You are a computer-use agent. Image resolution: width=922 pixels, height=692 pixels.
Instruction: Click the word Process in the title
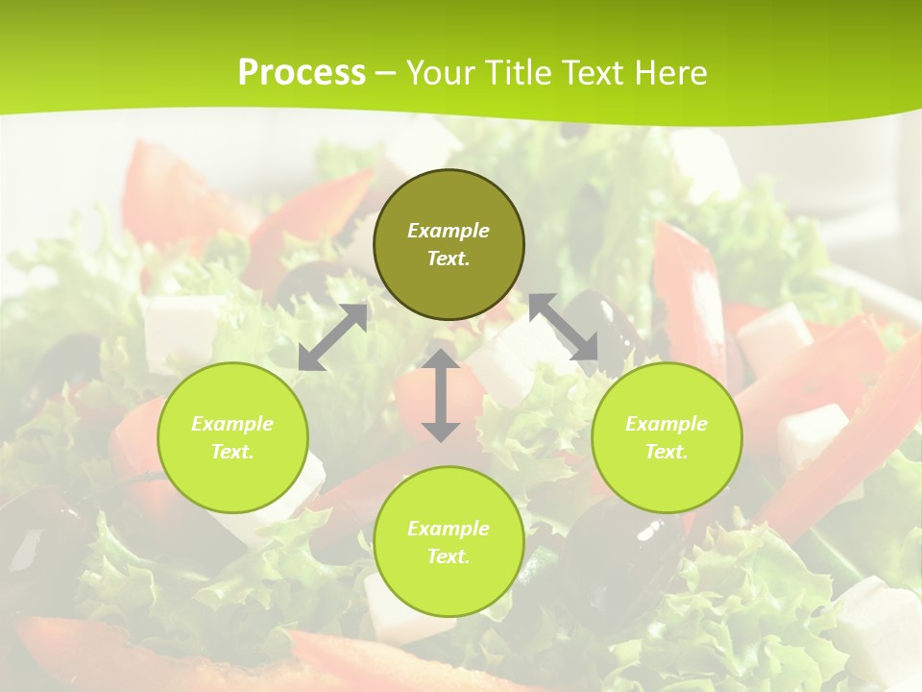[x=302, y=73]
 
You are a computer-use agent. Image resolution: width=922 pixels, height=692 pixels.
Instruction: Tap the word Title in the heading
[x=520, y=73]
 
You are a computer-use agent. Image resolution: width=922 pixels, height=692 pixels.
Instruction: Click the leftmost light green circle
[x=232, y=437]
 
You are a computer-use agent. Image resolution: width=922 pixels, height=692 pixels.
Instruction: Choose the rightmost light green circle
[x=667, y=437]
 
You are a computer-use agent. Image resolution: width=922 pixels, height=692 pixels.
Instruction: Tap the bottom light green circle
[x=449, y=542]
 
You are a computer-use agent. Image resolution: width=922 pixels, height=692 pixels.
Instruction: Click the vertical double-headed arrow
[x=441, y=395]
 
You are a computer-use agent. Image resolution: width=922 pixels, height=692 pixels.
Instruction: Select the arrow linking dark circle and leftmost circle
[x=333, y=337]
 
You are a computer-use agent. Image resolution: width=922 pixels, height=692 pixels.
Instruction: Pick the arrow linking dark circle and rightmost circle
[x=563, y=328]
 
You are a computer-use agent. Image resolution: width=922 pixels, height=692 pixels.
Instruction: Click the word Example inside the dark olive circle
[x=449, y=231]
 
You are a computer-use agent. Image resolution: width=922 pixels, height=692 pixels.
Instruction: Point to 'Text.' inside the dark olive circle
[x=449, y=259]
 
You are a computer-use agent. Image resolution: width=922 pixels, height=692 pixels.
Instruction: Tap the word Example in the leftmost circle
[x=232, y=424]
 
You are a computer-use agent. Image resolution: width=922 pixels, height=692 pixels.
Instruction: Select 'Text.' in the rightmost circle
[x=667, y=452]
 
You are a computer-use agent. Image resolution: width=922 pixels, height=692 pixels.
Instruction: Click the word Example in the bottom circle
[x=449, y=529]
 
